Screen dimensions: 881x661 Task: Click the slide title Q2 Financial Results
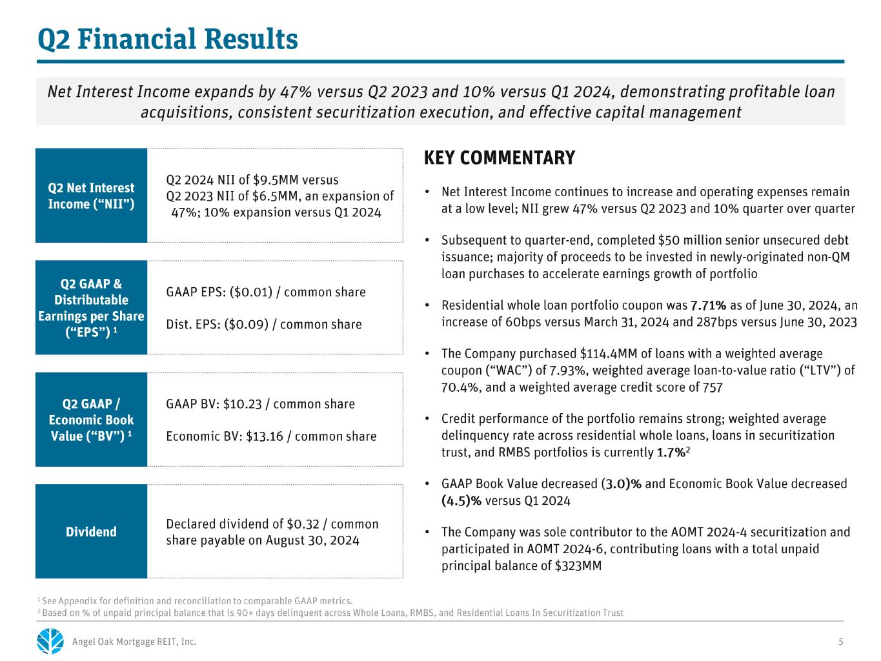point(167,40)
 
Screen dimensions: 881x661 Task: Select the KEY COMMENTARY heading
point(500,158)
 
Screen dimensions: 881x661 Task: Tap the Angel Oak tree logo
point(50,641)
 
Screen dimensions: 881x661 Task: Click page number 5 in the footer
point(841,642)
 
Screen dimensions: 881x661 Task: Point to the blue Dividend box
point(91,531)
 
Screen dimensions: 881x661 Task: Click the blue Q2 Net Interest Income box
point(91,196)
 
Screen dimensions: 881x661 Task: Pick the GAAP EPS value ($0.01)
point(251,292)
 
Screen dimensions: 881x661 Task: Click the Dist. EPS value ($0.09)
point(247,324)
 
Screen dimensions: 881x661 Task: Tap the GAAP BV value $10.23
point(243,403)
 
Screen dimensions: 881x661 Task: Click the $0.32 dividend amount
point(303,524)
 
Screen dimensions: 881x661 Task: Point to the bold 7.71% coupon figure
point(709,305)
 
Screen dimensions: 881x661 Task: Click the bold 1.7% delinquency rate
point(671,453)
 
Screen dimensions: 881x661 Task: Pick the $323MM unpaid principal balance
point(578,566)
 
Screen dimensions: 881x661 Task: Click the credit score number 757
point(713,387)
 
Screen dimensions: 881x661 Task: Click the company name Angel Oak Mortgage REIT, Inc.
point(134,642)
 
